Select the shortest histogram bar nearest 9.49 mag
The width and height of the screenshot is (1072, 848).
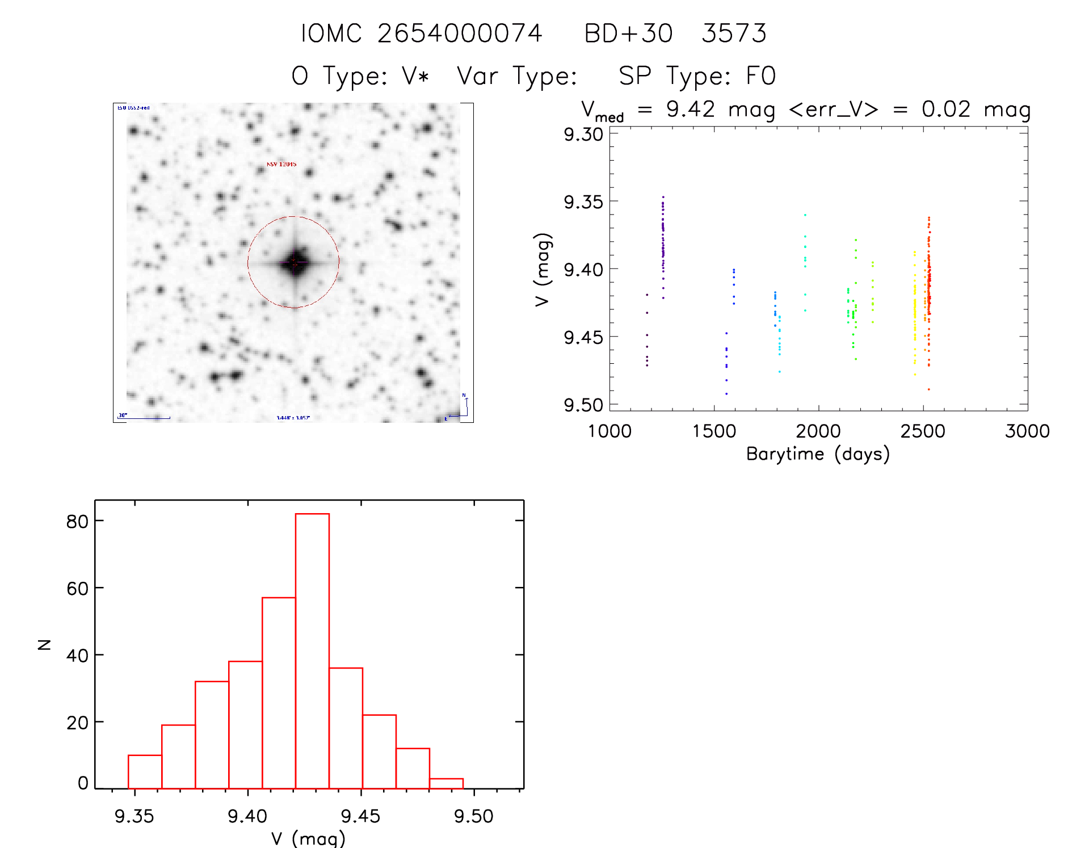(446, 783)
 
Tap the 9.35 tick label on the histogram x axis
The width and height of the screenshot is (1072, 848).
(134, 816)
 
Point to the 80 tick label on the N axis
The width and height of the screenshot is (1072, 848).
(77, 521)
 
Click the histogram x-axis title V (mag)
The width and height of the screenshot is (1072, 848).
(308, 838)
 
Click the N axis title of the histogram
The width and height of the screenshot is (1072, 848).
(44, 644)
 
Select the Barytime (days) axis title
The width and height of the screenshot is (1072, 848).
(818, 454)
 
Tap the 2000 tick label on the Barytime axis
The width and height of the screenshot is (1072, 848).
(818, 431)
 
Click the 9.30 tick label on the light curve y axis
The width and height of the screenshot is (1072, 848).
(583, 135)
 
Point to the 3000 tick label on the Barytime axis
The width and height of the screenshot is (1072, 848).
(1027, 431)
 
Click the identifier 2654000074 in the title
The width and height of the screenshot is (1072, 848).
(460, 33)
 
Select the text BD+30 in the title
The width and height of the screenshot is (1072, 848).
(628, 33)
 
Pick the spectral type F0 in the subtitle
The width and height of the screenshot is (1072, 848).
(760, 76)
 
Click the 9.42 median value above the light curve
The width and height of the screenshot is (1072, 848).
(691, 109)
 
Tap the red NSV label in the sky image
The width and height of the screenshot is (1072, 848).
(281, 164)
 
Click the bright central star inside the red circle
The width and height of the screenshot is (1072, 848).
(294, 262)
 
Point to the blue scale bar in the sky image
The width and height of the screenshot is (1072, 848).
(144, 418)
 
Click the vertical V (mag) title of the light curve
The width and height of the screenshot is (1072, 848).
(543, 270)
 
